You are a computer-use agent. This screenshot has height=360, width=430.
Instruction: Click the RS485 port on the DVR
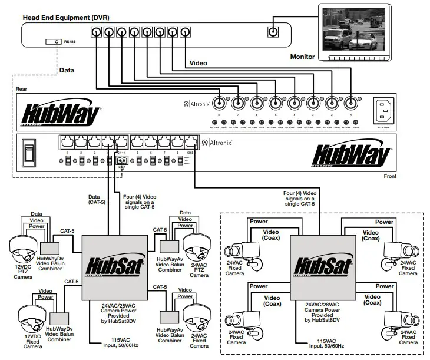point(55,42)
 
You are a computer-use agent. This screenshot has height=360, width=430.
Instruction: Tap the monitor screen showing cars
point(351,30)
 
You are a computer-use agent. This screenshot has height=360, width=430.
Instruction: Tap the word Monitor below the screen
point(303,57)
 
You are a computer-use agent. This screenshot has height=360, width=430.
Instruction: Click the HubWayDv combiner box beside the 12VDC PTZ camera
point(50,248)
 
